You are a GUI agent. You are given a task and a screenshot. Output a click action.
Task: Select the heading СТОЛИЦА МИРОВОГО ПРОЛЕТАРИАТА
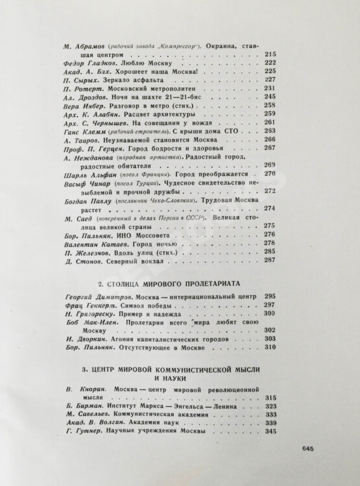171,284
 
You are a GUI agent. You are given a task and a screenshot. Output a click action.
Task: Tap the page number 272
271,192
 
